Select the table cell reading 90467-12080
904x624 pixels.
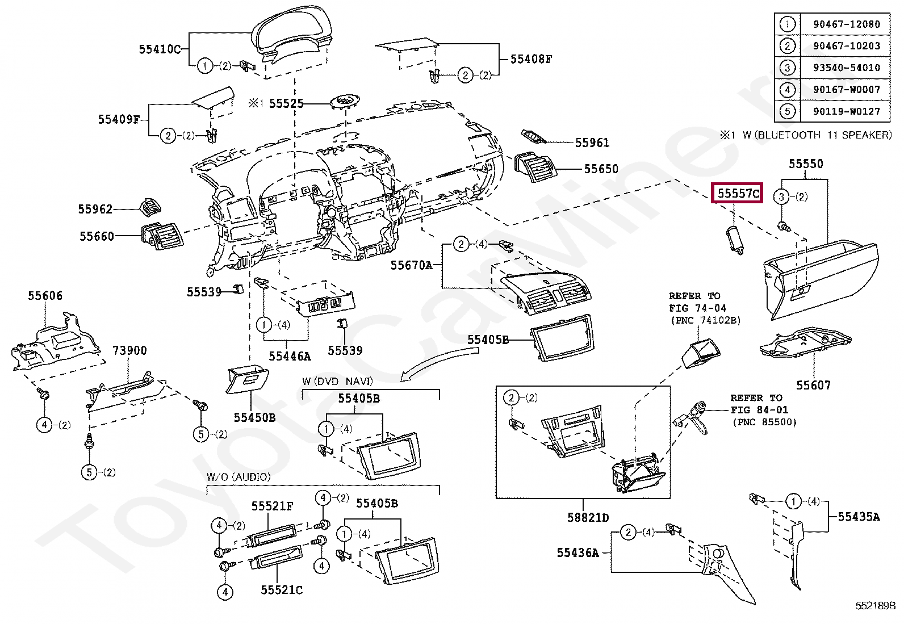846,24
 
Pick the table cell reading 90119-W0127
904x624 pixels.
846,111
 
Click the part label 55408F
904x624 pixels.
531,59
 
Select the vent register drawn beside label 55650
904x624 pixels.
535,167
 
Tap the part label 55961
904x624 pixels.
592,143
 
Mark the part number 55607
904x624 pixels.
813,386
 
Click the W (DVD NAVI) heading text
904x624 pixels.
337,381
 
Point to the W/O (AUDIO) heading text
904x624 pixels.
238,477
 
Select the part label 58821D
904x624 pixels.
588,517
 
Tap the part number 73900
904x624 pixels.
129,350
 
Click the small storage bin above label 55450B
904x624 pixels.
247,379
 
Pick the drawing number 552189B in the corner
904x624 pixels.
875,606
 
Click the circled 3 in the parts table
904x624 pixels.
787,68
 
